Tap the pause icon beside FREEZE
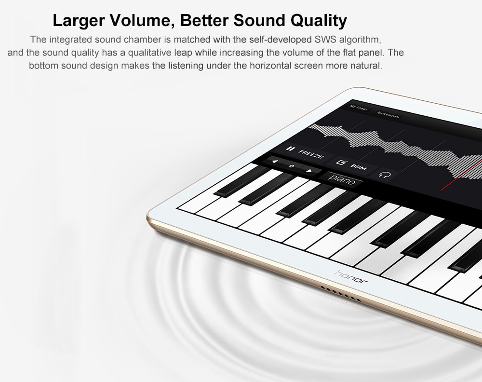point(289,149)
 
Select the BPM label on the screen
point(359,167)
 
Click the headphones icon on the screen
point(385,175)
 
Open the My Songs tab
point(359,108)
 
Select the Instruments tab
point(388,115)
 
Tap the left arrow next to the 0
point(275,162)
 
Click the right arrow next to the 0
point(309,171)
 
